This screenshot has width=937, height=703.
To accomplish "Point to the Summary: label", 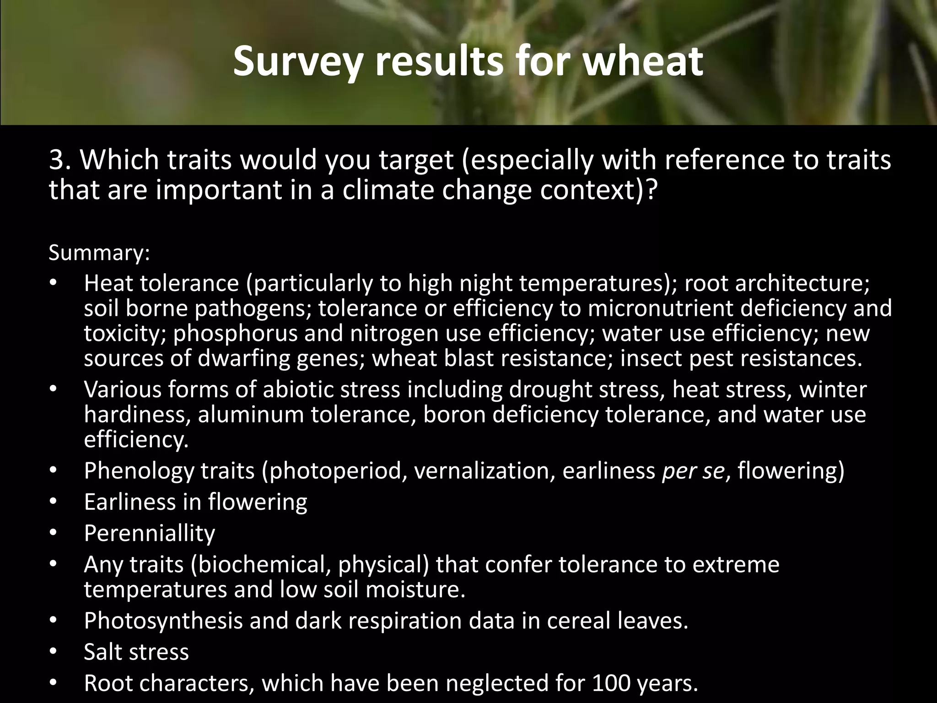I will click(x=99, y=253).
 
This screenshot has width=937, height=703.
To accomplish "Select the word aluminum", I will click(x=251, y=415).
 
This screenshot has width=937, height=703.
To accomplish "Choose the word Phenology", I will click(x=139, y=471).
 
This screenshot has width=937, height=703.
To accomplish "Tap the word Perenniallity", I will click(x=150, y=533).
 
